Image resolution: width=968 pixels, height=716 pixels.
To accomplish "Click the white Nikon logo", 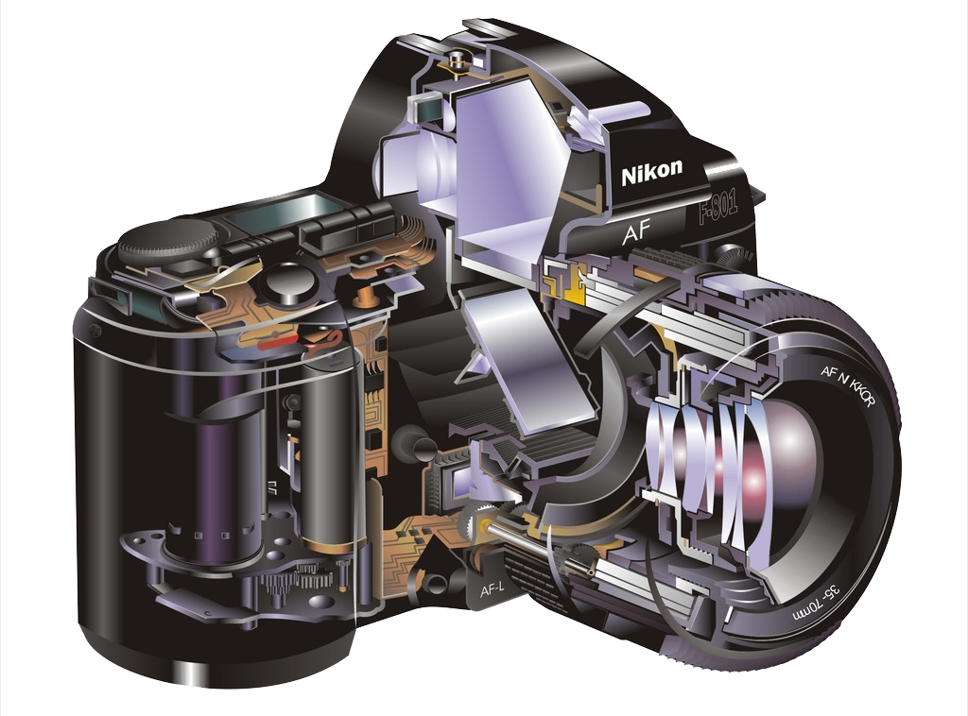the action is pos(652,172).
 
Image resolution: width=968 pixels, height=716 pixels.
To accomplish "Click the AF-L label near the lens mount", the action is pos(492,589).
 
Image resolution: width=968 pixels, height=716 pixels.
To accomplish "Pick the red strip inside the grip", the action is pos(279,342).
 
